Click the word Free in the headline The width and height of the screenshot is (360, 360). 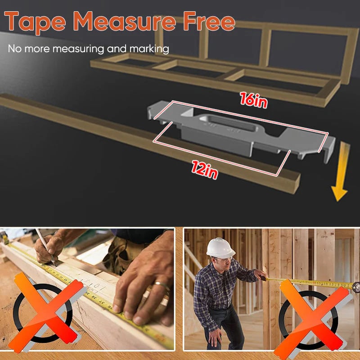coord(210,22)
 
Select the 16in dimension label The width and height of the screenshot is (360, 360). coord(254,100)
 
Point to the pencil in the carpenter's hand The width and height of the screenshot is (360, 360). coord(45,245)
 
